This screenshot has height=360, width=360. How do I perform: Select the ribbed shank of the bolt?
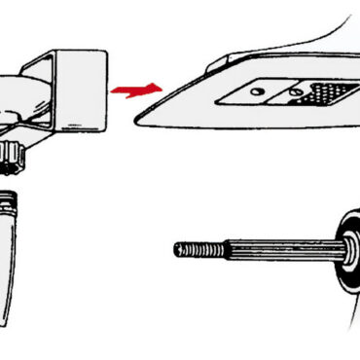tap(272, 252)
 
